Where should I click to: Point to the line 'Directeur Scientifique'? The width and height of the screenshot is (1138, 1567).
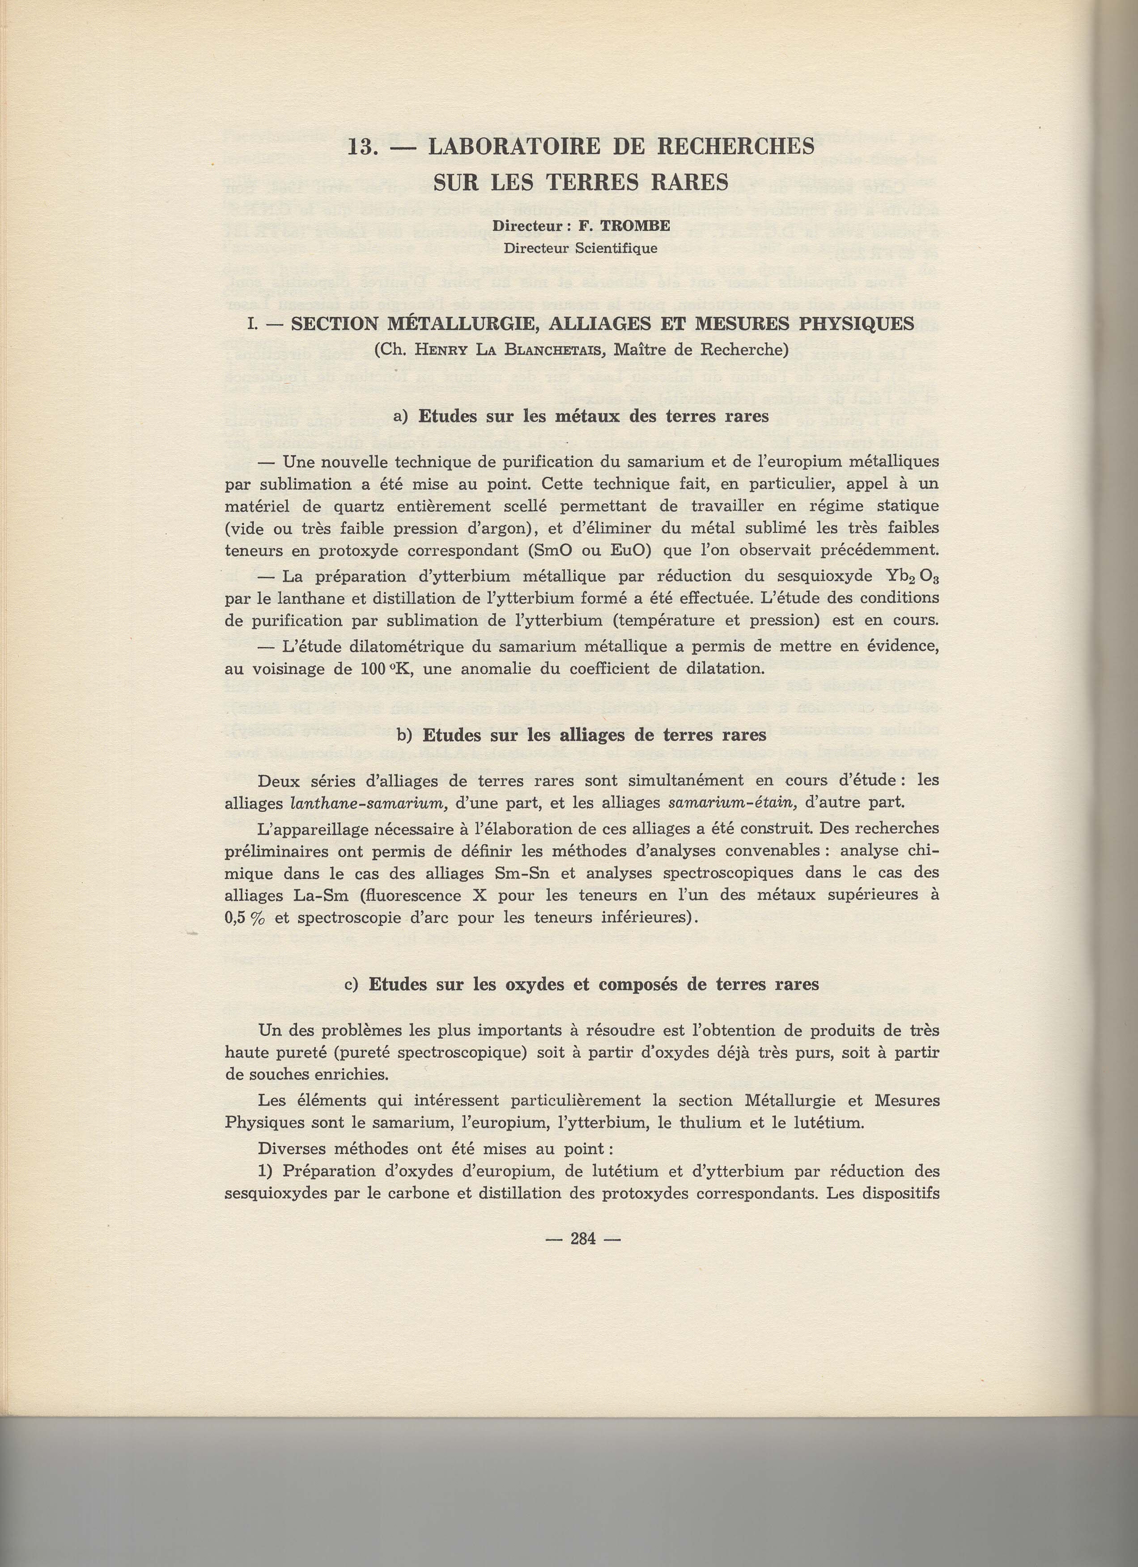click(x=580, y=248)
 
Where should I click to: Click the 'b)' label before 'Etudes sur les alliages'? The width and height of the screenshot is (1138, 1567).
click(x=406, y=735)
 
